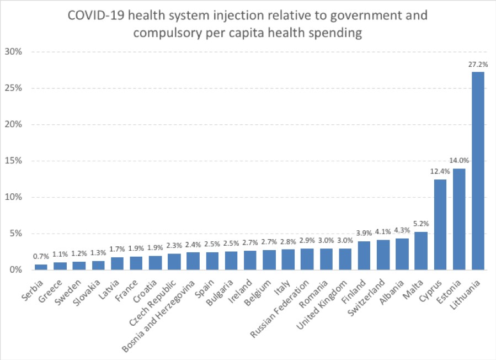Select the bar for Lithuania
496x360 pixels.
478,171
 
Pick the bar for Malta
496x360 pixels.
421,251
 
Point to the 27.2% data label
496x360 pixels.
478,64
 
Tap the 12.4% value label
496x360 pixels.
440,172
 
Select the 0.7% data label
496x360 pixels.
41,257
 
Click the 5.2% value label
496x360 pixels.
421,224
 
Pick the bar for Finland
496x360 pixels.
364,256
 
